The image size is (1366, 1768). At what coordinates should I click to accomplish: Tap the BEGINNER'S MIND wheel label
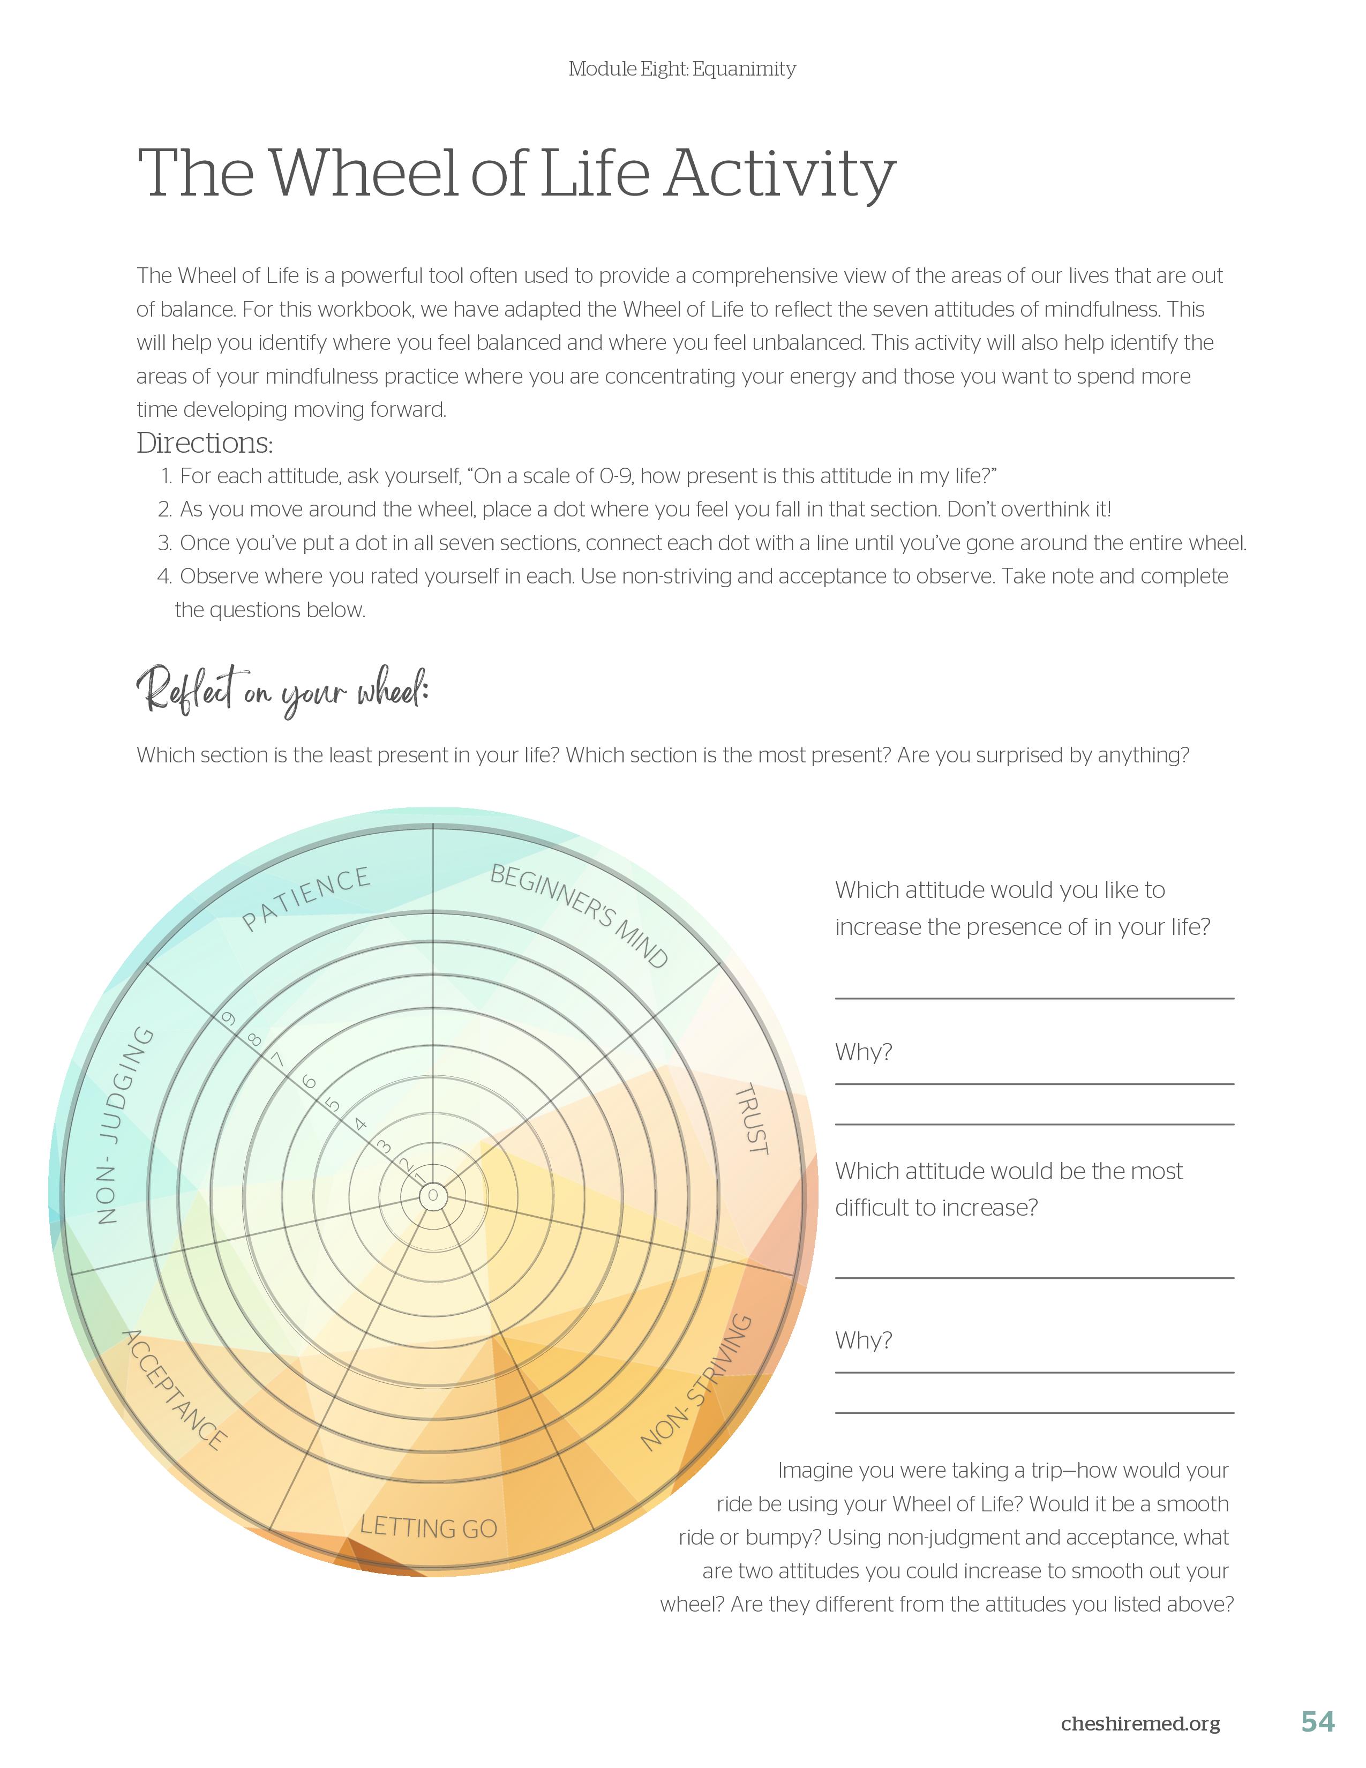[x=580, y=916]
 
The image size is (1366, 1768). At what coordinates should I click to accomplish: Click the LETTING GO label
[x=428, y=1527]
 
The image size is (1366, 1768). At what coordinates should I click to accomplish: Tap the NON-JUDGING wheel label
[x=124, y=1125]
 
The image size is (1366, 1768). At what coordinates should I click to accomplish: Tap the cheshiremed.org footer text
[x=1140, y=1724]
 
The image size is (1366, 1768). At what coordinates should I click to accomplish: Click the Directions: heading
[x=205, y=443]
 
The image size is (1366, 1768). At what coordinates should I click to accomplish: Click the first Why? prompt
[x=864, y=1052]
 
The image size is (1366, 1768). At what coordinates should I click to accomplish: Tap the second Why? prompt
[x=864, y=1340]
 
